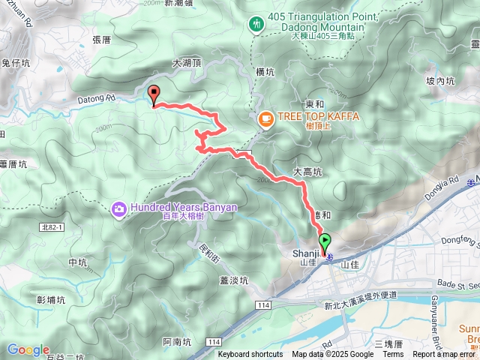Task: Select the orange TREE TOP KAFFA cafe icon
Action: (x=265, y=118)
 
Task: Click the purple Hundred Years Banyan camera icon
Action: (x=118, y=207)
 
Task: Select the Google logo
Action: (x=28, y=349)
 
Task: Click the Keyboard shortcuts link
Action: (x=250, y=355)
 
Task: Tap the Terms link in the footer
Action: (x=393, y=355)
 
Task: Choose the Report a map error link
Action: (x=445, y=355)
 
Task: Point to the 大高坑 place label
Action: (x=307, y=172)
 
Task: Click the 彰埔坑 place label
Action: (x=50, y=299)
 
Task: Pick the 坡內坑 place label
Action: (x=440, y=81)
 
